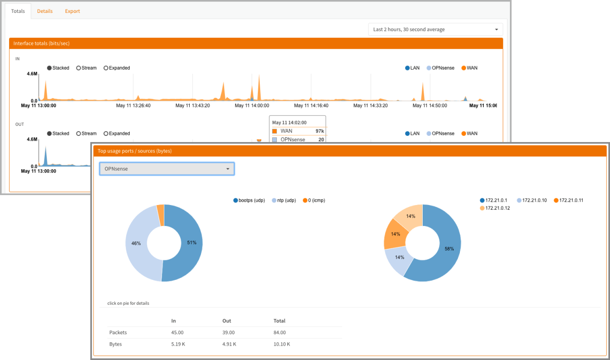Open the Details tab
(x=45, y=11)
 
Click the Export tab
(x=72, y=11)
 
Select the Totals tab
(x=18, y=11)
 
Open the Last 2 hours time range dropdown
(x=436, y=30)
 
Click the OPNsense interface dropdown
(x=167, y=169)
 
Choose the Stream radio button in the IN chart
(x=86, y=68)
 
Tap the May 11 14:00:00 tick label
(x=252, y=106)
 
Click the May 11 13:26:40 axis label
(x=133, y=106)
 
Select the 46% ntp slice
(x=138, y=243)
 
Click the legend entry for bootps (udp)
(x=249, y=201)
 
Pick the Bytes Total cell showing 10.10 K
(x=282, y=344)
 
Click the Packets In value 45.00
(x=177, y=333)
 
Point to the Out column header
(x=227, y=321)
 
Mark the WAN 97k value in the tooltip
(x=319, y=131)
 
